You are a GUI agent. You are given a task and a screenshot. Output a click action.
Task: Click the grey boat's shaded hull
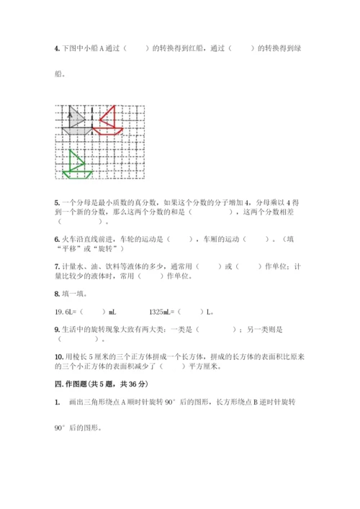tap(74, 130)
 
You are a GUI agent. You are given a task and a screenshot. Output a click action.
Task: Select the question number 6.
tap(56, 238)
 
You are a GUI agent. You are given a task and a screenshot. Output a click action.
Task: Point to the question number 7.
tap(56, 266)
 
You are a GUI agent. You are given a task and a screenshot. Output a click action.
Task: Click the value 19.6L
tap(65, 312)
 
